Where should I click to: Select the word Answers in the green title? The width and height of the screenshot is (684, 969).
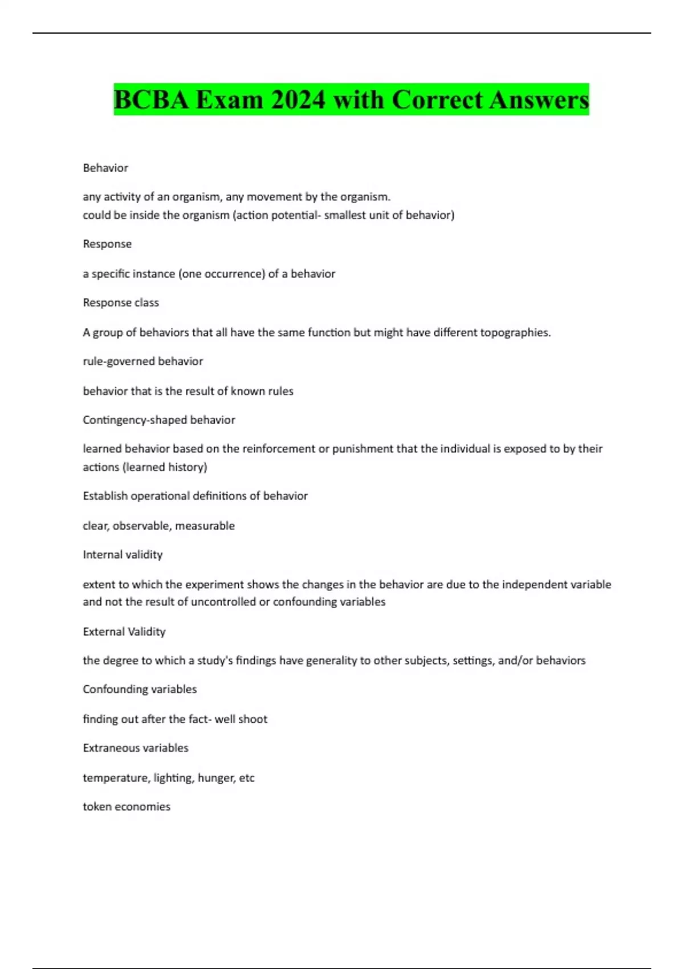click(x=539, y=100)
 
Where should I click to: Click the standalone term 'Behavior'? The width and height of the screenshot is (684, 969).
click(x=105, y=168)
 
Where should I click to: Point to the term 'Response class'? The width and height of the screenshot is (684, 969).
click(x=121, y=303)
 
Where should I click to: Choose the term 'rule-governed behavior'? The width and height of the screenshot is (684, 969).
click(x=142, y=361)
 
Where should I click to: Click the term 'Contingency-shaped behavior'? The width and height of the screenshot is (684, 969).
click(x=158, y=420)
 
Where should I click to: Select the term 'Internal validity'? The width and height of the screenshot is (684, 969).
click(x=123, y=555)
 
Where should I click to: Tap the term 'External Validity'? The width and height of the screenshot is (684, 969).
click(x=124, y=632)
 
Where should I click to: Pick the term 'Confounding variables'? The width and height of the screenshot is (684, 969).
click(x=140, y=689)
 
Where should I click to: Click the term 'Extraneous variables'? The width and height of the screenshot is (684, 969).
click(x=136, y=748)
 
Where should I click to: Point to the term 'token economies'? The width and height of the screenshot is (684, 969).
click(x=127, y=807)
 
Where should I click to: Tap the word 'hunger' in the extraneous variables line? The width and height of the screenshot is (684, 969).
click(x=216, y=778)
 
